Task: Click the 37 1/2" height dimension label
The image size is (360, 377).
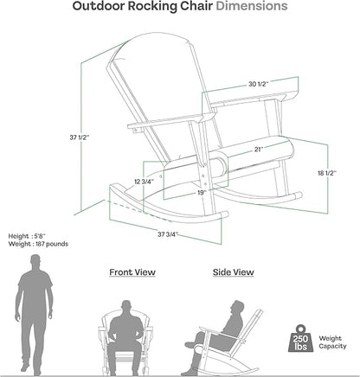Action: [x=80, y=137]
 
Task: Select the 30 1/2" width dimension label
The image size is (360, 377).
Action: [x=259, y=84]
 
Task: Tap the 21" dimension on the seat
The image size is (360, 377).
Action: [x=259, y=149]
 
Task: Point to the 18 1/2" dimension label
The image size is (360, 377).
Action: [x=327, y=173]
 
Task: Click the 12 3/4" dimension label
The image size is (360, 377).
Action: [x=145, y=182]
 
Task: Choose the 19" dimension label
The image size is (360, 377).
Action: [x=202, y=193]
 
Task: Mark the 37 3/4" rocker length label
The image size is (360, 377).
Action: [x=168, y=234]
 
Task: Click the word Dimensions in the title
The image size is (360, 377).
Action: [x=252, y=6]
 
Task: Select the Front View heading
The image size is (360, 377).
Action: [x=132, y=272]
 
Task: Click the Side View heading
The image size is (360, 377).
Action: [x=234, y=272]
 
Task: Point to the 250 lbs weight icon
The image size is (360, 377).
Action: [x=301, y=338]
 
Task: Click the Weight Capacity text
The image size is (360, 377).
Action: [x=332, y=342]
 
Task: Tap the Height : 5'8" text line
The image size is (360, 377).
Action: [x=27, y=236]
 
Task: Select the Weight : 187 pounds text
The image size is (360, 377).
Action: [x=38, y=244]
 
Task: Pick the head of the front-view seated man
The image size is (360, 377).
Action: [x=126, y=306]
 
